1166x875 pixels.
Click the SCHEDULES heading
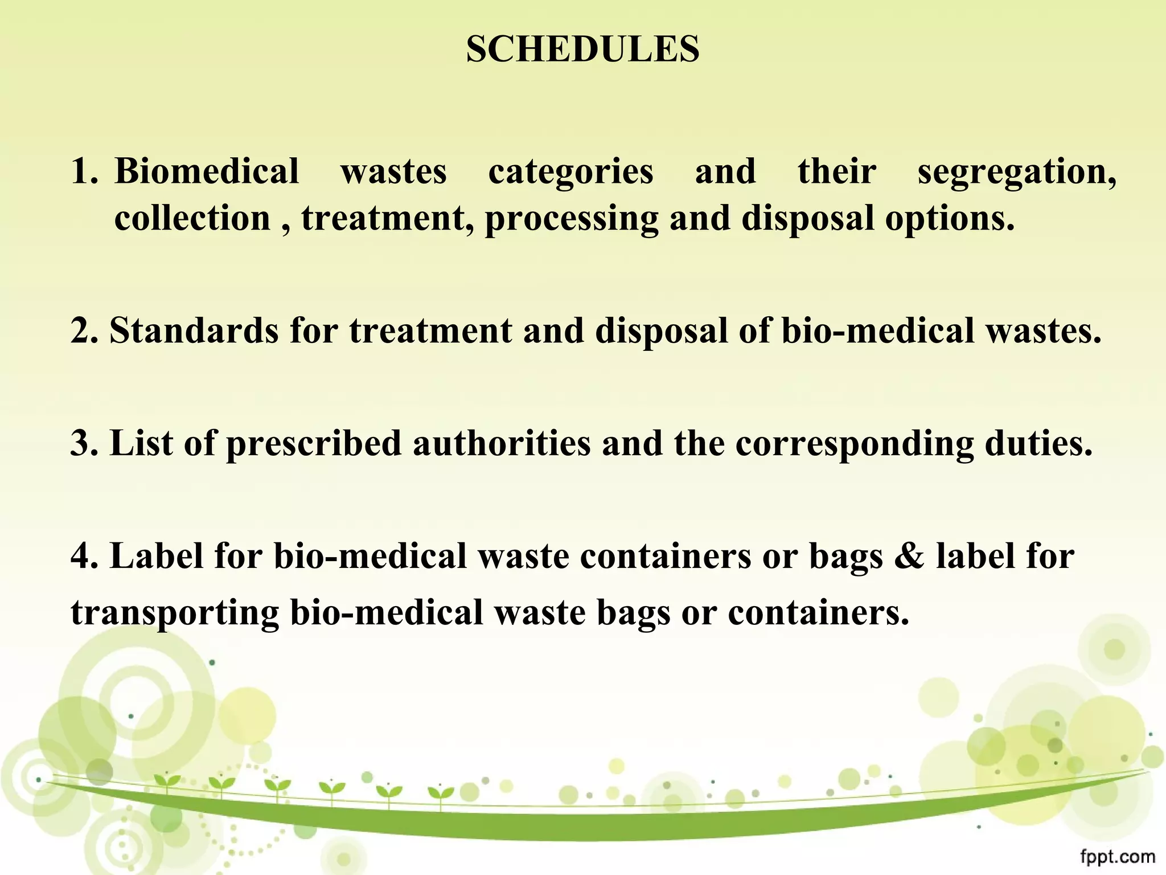[x=582, y=50]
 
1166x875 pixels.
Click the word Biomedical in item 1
[x=207, y=171]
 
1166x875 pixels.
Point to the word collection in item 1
[x=192, y=218]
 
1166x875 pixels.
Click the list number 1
[x=84, y=171]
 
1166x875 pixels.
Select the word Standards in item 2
[x=194, y=330]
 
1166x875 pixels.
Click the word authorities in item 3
[x=502, y=443]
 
